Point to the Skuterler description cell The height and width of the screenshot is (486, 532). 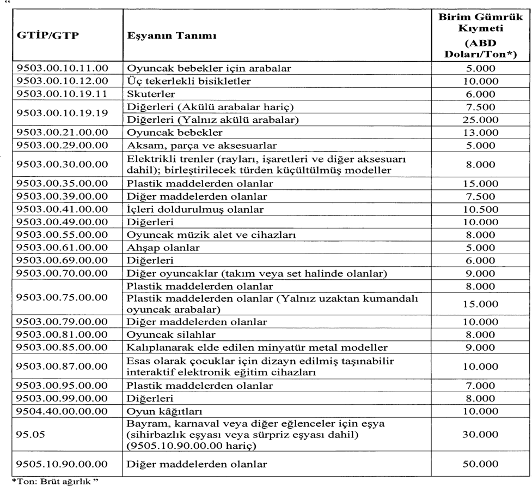tap(146, 94)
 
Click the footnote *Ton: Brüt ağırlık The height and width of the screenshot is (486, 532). tap(53, 482)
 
